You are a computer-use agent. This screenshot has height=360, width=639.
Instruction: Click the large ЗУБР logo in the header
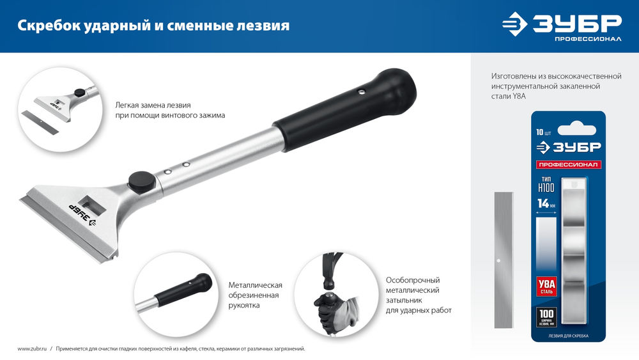tap(562, 24)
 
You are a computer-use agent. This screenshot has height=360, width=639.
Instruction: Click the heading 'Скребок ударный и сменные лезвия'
tap(153, 26)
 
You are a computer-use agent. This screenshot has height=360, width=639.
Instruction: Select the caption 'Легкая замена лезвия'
tap(153, 104)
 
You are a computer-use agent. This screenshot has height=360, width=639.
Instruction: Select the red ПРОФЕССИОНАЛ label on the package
tap(568, 165)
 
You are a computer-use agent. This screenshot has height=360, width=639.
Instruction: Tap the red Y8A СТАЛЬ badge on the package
tap(548, 286)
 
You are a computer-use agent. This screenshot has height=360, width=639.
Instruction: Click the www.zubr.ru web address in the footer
tap(31, 348)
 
